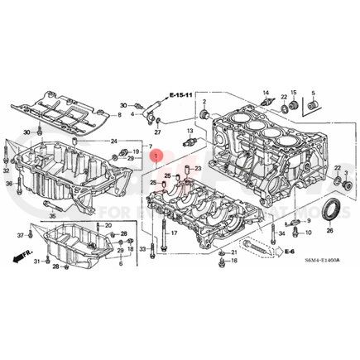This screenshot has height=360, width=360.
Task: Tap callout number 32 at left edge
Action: tap(7, 169)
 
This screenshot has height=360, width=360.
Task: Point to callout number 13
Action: tap(190, 132)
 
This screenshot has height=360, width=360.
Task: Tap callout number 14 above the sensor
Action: tap(266, 93)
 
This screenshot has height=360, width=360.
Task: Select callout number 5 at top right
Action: tap(313, 92)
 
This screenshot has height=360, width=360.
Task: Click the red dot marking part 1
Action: tap(159, 154)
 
